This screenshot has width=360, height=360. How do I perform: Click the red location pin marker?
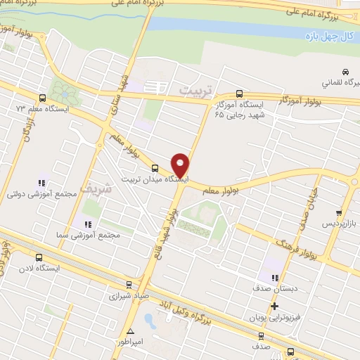[181, 165]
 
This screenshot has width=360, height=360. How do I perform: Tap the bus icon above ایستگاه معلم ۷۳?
[43, 98]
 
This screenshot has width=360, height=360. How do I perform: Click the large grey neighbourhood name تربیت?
[195, 91]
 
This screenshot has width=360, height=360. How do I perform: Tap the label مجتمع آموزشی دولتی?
[39, 193]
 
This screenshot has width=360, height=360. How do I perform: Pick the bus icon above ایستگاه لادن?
[39, 258]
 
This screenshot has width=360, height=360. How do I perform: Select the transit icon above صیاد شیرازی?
[127, 285]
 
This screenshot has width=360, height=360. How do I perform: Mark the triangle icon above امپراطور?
[130, 330]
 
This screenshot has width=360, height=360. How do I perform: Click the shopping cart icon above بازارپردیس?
[340, 212]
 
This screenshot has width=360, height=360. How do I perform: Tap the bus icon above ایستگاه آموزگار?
[239, 93]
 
